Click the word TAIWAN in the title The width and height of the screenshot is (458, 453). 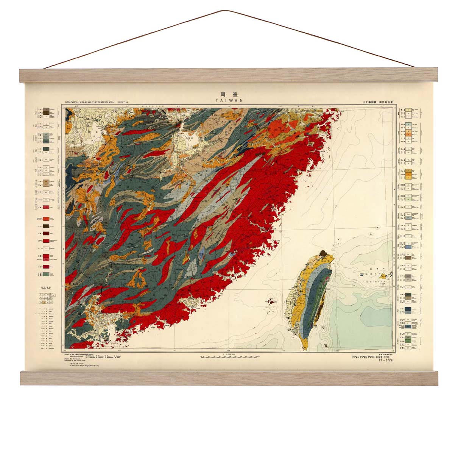(229, 100)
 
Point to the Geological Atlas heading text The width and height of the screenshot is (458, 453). (97, 102)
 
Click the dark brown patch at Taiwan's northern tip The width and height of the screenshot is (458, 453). (323, 253)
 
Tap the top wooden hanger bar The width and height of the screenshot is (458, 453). (229, 76)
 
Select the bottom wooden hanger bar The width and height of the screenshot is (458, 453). (229, 378)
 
